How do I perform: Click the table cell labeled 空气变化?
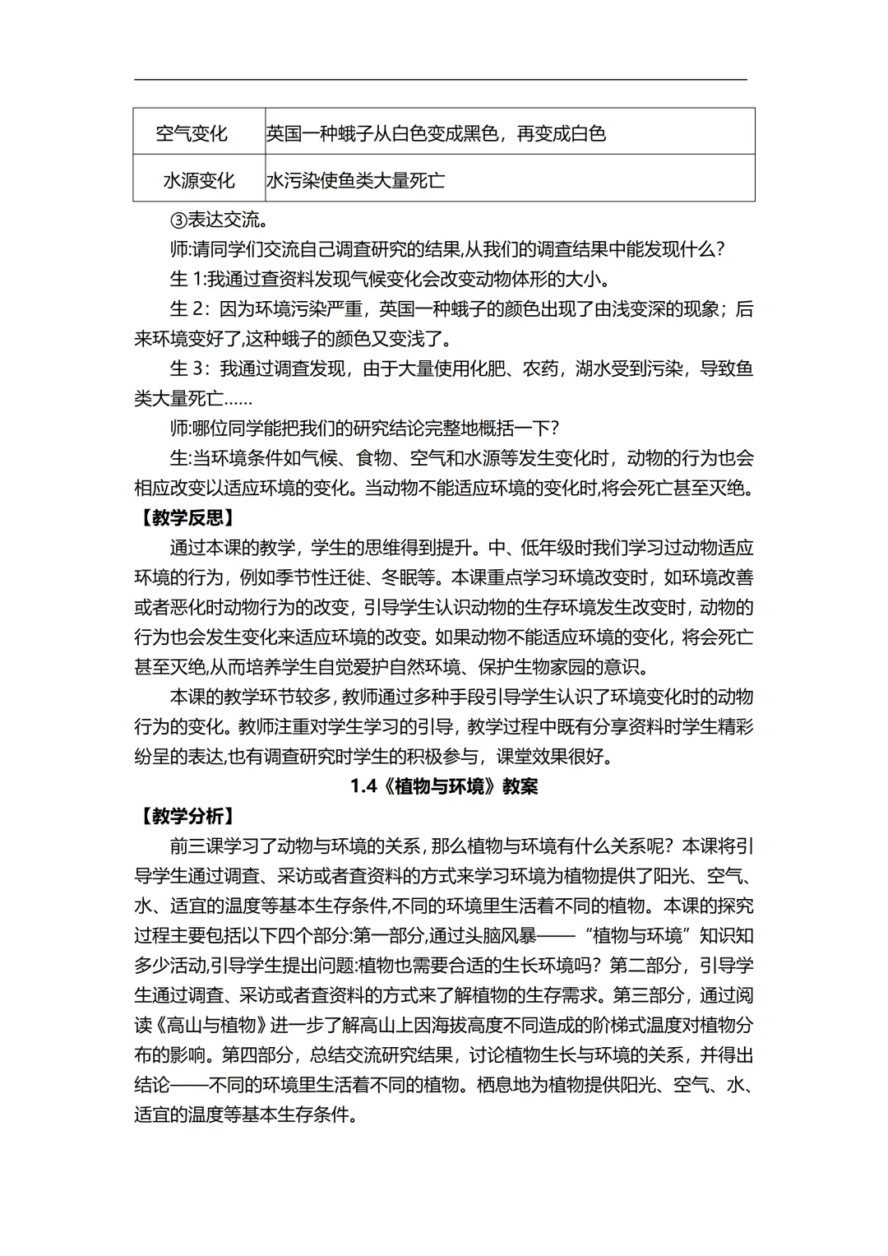192,132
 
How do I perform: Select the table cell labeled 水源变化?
198,180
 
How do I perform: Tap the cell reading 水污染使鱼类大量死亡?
355,180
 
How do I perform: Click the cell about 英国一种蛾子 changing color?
436,132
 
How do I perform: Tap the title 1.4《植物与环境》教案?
444,786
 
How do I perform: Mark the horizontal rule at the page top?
441,80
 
